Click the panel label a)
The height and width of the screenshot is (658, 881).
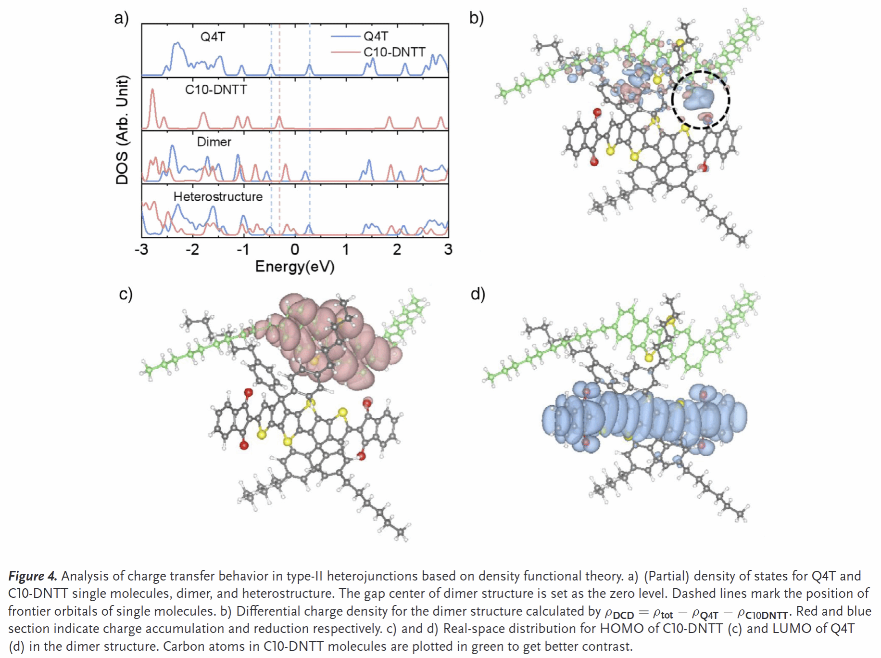coord(121,18)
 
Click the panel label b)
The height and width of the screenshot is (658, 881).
coord(476,18)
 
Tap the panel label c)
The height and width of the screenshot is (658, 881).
coord(126,294)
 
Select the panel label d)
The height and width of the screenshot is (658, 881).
coord(478,294)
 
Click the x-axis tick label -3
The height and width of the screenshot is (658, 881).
coord(141,249)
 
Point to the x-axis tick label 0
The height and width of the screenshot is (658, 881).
coord(295,249)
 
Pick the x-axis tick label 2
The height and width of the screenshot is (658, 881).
coord(397,249)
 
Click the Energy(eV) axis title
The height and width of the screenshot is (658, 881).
coord(295,266)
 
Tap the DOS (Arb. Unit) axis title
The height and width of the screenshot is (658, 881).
coord(123,130)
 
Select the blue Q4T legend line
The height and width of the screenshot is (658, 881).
coord(345,37)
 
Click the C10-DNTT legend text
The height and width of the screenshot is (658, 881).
coord(394,52)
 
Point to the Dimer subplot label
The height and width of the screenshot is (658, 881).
coord(214,142)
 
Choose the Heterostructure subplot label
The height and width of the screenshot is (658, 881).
coord(218,196)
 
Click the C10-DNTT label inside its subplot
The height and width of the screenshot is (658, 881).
coord(216,90)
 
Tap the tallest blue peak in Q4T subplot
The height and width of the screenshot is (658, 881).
coord(177,45)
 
